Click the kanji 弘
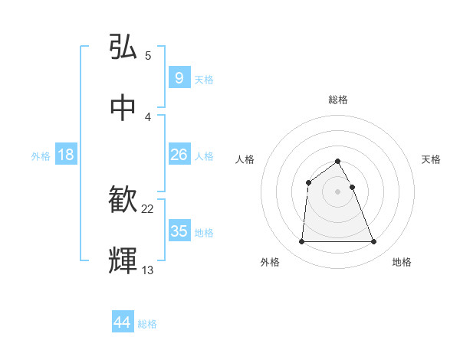point(123,47)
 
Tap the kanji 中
point(123,106)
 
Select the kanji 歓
point(123,200)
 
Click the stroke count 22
point(148,209)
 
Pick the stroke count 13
point(148,270)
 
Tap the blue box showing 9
point(179,77)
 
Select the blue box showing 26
point(179,155)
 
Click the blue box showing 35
point(179,231)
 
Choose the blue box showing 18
point(66,155)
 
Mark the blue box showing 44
point(123,322)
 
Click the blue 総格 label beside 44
point(147,324)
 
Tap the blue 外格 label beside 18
point(41,156)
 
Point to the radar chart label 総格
point(338,100)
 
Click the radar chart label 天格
point(432,159)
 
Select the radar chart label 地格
point(402,262)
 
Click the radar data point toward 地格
point(373,242)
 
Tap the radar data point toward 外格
point(301,242)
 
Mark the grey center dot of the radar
point(338,191)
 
